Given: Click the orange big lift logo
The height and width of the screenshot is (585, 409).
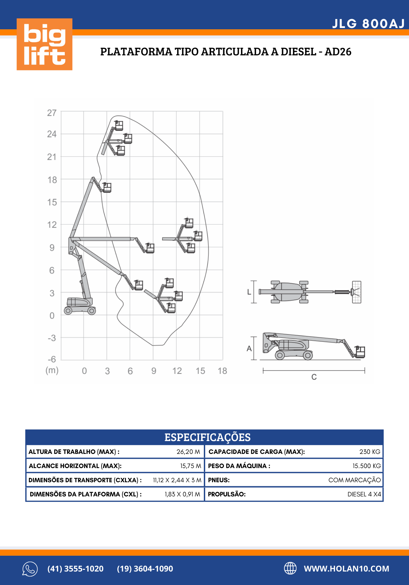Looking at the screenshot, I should [x=44, y=44].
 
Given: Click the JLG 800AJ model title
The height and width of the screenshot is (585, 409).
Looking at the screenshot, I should [x=368, y=24].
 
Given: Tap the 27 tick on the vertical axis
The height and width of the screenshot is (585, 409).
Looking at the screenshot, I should [x=52, y=113].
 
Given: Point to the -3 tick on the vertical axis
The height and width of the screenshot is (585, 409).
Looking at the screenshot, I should [x=52, y=338].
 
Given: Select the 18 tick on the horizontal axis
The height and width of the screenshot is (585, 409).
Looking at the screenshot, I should [x=222, y=371].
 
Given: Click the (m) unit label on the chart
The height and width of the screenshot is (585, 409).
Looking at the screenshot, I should [x=52, y=370].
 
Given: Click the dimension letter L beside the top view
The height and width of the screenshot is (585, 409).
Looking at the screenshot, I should [x=249, y=292].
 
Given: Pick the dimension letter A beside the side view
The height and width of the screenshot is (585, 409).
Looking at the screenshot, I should [x=249, y=348].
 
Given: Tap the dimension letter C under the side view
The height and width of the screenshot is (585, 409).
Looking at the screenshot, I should [x=314, y=377].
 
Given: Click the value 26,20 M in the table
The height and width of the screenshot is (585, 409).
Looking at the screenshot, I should [x=188, y=452].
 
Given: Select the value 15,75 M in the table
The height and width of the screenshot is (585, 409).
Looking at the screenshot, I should [x=190, y=466].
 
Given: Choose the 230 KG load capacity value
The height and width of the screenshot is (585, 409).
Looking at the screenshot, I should [x=370, y=452].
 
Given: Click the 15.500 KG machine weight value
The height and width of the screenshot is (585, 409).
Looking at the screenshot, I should [x=367, y=466].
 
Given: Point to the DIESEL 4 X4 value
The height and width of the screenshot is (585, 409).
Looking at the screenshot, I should [x=364, y=494].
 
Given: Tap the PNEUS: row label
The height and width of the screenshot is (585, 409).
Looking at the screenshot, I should [x=219, y=480].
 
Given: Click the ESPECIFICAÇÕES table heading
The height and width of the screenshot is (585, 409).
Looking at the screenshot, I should [x=207, y=437].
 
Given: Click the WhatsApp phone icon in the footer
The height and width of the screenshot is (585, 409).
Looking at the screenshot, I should [x=30, y=569].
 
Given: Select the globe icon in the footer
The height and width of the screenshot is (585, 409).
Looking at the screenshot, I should [x=290, y=568].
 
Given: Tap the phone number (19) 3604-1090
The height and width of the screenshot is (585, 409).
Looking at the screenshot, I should [x=145, y=569].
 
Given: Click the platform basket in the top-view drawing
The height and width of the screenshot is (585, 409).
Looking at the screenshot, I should [x=357, y=292].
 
